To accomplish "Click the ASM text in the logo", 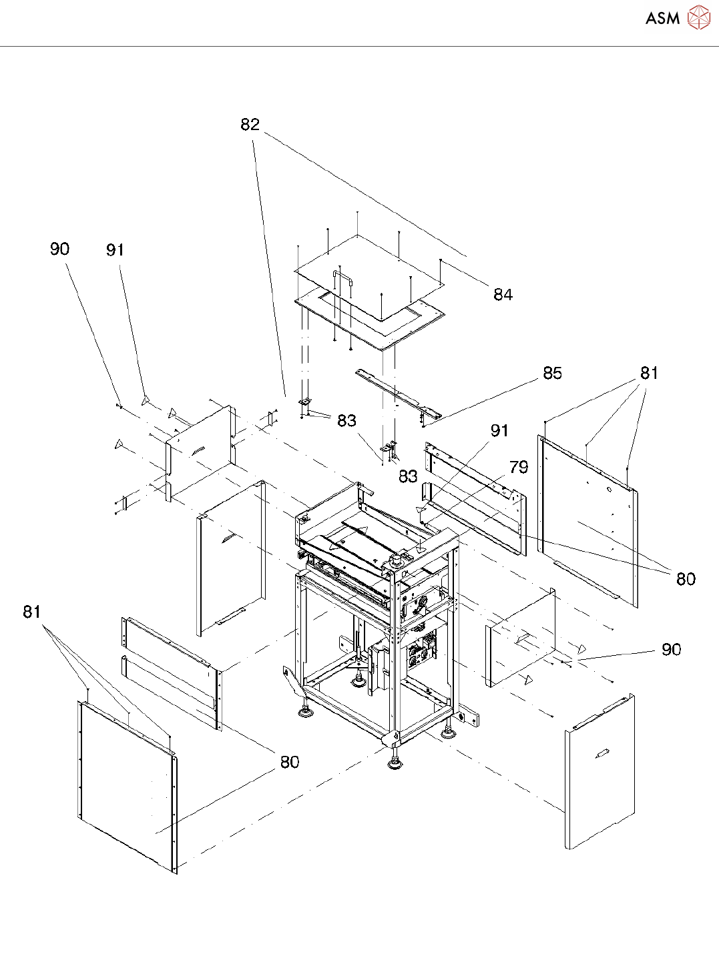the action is (x=662, y=18).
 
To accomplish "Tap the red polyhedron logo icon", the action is (x=699, y=17).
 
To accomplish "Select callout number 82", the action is (x=250, y=125).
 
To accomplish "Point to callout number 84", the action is (x=503, y=295).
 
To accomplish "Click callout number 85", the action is (x=553, y=373).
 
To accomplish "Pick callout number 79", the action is (x=519, y=467).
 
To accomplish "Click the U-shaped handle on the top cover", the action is (x=343, y=278).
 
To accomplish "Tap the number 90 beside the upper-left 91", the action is (x=60, y=249).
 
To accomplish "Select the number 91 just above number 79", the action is (x=499, y=431).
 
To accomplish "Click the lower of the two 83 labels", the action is (x=408, y=476).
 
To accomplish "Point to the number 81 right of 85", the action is (x=649, y=373).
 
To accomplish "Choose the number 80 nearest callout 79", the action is (x=686, y=579).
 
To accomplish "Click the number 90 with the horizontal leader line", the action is (x=672, y=649).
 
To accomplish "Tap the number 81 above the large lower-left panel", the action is (x=32, y=612).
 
